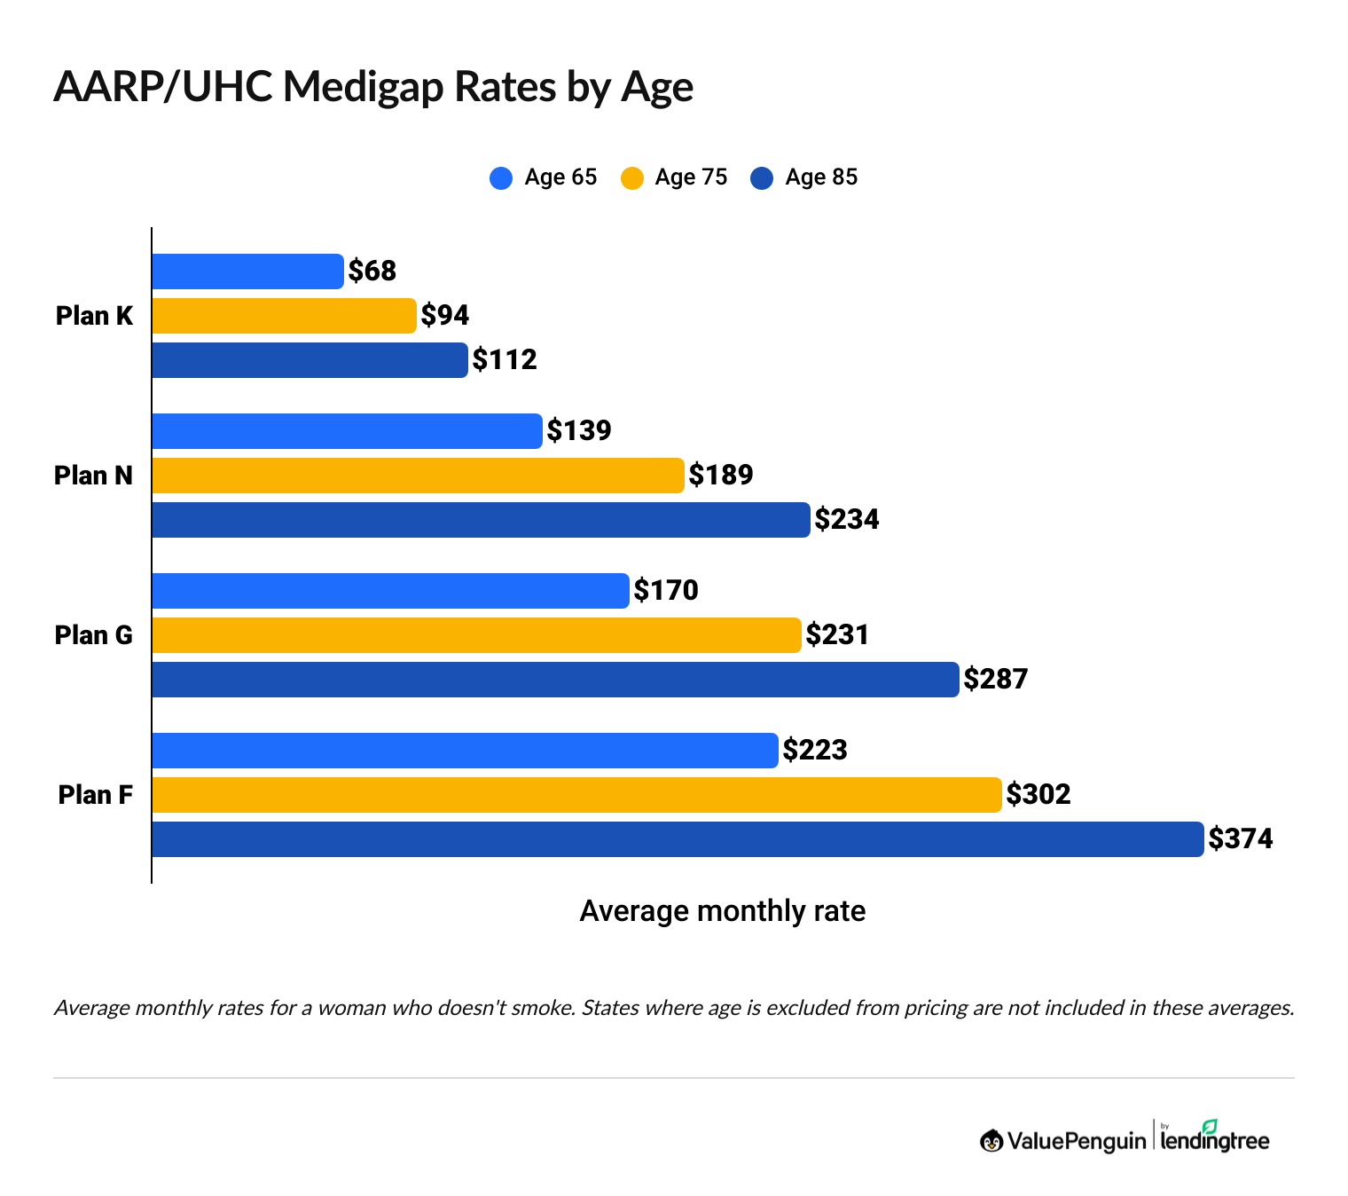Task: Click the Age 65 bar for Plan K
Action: (x=247, y=271)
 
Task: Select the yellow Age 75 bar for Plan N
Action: (x=418, y=476)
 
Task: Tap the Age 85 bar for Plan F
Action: (x=678, y=839)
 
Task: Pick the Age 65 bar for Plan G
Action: (x=390, y=591)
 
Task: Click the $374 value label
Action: (x=1241, y=838)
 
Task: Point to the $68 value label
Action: (x=372, y=271)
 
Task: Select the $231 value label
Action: (x=837, y=634)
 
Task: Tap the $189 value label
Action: (x=721, y=475)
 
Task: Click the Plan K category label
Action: (x=94, y=316)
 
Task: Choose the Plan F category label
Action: (x=95, y=795)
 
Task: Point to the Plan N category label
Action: (x=93, y=476)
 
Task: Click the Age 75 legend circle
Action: (x=632, y=178)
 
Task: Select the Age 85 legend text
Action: (x=821, y=177)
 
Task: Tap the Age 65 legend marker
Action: (x=501, y=178)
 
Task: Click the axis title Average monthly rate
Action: (x=722, y=911)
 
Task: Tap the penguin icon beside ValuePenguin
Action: (x=991, y=1141)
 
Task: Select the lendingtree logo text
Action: (x=1215, y=1140)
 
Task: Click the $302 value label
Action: (x=1038, y=794)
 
